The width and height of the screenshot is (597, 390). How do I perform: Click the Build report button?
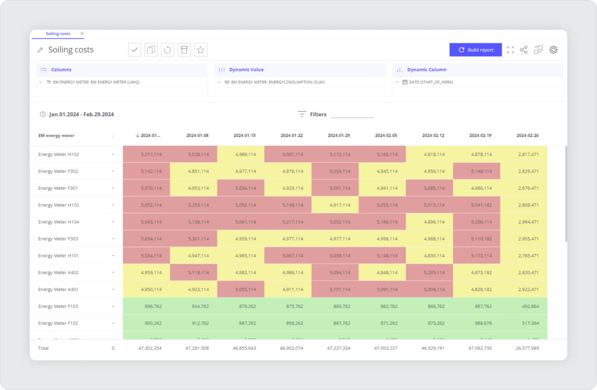pyautogui.click(x=475, y=50)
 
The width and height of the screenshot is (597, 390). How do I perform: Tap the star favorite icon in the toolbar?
pyautogui.click(x=200, y=50)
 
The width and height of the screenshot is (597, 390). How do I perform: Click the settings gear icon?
pyautogui.click(x=553, y=50)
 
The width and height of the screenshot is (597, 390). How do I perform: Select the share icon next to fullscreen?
pyautogui.click(x=523, y=50)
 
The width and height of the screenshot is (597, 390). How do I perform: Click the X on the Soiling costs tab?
pyautogui.click(x=82, y=34)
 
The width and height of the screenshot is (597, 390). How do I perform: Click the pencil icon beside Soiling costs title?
pyautogui.click(x=40, y=50)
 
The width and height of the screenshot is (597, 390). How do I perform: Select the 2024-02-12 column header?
pyautogui.click(x=433, y=135)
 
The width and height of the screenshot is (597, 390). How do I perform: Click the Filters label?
pyautogui.click(x=318, y=114)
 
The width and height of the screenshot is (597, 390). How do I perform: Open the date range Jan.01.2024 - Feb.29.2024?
pyautogui.click(x=81, y=114)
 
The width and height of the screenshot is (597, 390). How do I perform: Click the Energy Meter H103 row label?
pyautogui.click(x=58, y=205)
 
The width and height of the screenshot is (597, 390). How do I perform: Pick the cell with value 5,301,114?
pyautogui.click(x=198, y=239)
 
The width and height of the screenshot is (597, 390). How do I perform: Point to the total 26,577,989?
pyautogui.click(x=527, y=348)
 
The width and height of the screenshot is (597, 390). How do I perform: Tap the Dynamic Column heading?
pyautogui.click(x=427, y=70)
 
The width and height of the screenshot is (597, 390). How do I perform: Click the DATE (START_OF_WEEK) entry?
pyautogui.click(x=431, y=82)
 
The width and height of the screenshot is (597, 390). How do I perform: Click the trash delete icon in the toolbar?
pyautogui.click(x=184, y=50)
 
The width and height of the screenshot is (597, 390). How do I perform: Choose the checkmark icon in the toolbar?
pyautogui.click(x=135, y=50)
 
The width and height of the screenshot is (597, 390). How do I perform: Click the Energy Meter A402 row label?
pyautogui.click(x=58, y=272)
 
